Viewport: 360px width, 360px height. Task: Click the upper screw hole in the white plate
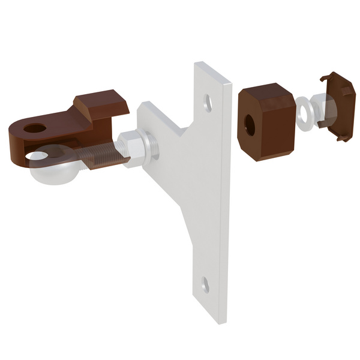tap(208, 102)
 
